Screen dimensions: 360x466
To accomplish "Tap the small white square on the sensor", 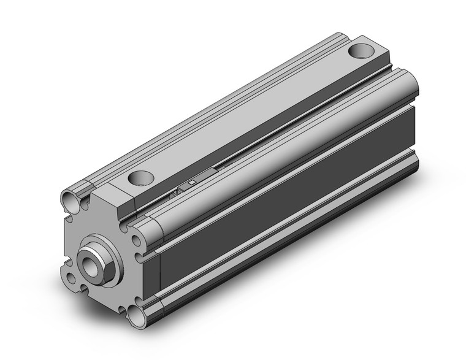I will (x=192, y=182).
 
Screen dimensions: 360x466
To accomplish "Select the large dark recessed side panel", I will (x=288, y=184).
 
